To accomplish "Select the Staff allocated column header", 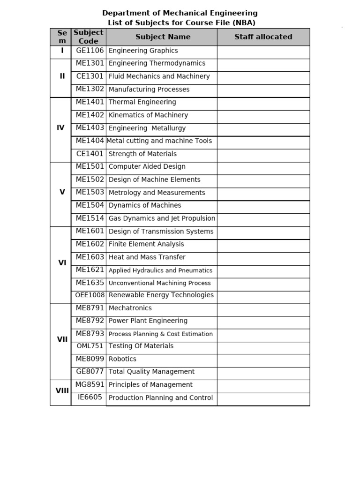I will click(x=263, y=37).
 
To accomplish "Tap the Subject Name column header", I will click(x=163, y=37).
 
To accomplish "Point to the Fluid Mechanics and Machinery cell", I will click(x=159, y=76).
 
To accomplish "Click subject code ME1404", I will click(x=90, y=141).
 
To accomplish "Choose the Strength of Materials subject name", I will click(x=142, y=154).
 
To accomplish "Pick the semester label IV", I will click(x=60, y=127).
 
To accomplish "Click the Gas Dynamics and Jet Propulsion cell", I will click(x=162, y=218).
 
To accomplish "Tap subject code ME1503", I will click(x=90, y=192).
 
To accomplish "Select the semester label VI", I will click(x=62, y=263).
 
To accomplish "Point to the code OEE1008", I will click(x=90, y=295).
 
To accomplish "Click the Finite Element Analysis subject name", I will click(x=146, y=244).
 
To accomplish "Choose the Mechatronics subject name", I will click(x=130, y=308).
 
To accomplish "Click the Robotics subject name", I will click(x=122, y=359).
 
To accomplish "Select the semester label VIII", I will click(x=62, y=390).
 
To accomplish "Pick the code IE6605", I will click(x=90, y=397).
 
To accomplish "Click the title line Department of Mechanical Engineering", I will click(x=180, y=13).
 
